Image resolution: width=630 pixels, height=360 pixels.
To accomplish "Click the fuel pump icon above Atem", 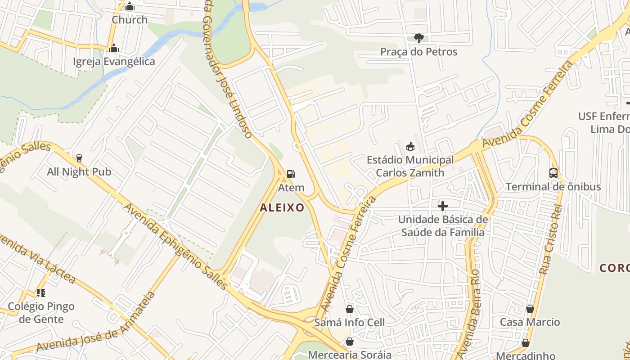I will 291,174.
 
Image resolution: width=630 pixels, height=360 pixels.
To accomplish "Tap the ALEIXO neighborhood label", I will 282,207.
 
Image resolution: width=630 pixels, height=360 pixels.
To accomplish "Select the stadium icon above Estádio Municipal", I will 410,146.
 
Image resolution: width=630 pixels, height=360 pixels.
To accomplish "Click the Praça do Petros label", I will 418,52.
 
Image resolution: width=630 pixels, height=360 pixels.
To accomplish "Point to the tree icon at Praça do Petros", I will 418,37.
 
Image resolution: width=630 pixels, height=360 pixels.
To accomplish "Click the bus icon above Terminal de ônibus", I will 553,173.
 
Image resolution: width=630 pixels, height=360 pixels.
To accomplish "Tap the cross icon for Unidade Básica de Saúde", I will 443,206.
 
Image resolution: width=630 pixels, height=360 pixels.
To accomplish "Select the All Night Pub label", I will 79,172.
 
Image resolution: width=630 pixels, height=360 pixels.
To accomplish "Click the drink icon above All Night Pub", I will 79,158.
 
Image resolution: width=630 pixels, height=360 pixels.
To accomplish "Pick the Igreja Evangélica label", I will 114,62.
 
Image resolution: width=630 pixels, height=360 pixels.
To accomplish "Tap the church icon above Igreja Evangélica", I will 114,48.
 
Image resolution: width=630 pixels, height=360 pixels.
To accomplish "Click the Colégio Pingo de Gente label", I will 41,313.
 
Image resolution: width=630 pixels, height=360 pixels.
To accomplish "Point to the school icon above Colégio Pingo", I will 41,293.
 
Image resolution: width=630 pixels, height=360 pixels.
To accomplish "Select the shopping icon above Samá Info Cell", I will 350,309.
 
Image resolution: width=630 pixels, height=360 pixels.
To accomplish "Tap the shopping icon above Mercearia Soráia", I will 350,342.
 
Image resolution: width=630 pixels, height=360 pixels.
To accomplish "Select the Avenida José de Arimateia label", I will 96,333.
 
